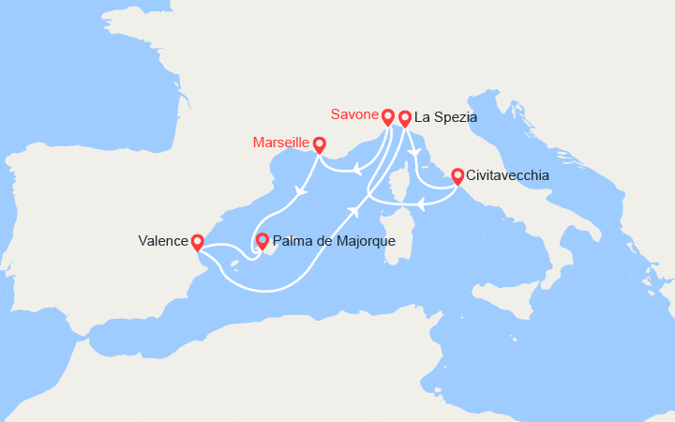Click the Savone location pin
[x=387, y=116]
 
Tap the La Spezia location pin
[x=405, y=118]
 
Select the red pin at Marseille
[x=319, y=144]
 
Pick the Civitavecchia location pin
[x=457, y=175]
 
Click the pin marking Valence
[x=198, y=241]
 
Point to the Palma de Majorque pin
[x=262, y=240]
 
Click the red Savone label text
[x=353, y=114]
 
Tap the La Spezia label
[x=447, y=118]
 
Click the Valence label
[x=163, y=241]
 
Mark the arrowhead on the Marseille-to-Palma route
[x=301, y=192]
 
